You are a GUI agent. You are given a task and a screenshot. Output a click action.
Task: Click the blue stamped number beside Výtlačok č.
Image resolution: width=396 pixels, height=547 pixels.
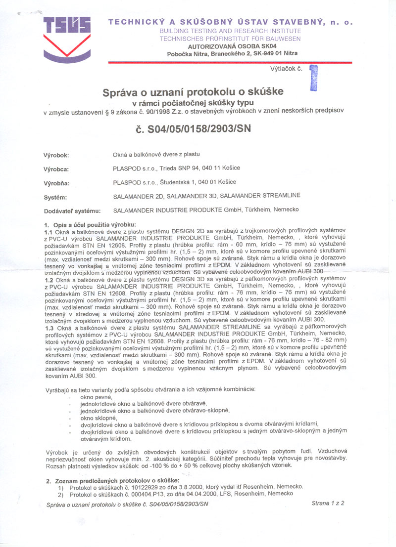coord(313,78)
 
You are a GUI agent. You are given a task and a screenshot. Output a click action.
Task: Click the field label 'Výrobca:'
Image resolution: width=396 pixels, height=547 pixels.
coord(56,169)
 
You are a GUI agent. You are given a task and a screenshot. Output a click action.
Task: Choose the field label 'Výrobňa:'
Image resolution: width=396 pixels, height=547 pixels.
coord(56,183)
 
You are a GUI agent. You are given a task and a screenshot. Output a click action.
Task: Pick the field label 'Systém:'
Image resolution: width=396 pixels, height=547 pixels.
coord(55,197)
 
